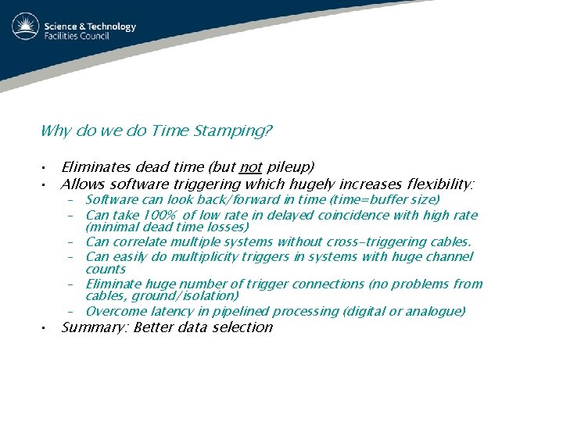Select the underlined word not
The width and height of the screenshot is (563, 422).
(x=250, y=166)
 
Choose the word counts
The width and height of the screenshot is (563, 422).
(x=106, y=269)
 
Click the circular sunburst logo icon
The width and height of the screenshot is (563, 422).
(x=25, y=27)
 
